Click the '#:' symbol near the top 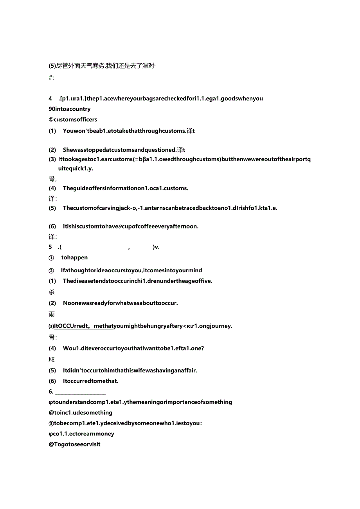pos(51,77)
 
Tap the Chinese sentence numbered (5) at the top pos(102,66)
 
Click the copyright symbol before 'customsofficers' pos(51,119)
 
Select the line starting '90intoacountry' pos(70,109)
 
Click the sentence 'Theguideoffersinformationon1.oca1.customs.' pos(126,188)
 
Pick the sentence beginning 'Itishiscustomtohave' pos(131,226)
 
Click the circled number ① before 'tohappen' pos(51,257)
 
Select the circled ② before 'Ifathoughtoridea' pos(51,270)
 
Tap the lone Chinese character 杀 pos(52,292)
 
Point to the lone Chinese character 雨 pos(52,314)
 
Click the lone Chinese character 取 pos(52,359)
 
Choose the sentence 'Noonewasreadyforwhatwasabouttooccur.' pos(121,303)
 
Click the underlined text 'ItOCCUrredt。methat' pos(84,326)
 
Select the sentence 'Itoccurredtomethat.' pos(90,381)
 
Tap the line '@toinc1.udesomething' pos(81,412)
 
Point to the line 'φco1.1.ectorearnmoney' pos(81,433)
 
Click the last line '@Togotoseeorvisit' pos(75,444)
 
